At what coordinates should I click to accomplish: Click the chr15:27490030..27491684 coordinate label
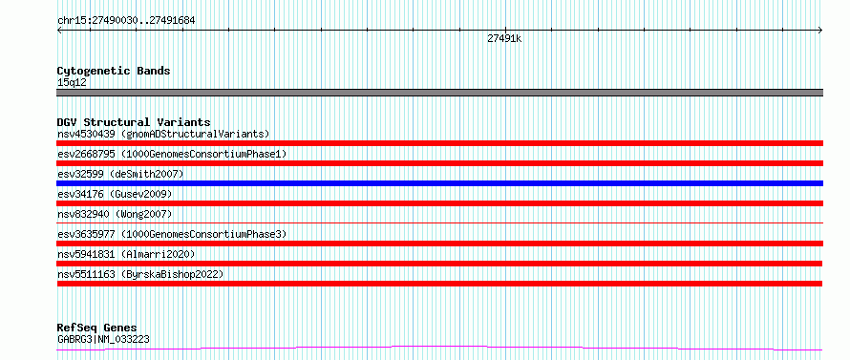coord(126,21)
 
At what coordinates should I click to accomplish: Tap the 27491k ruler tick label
coord(504,38)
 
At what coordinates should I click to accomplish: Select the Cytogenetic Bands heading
coord(114,71)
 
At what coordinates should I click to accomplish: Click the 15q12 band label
coord(72,82)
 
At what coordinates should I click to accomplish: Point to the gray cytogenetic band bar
coord(439,93)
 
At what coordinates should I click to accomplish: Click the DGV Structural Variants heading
coord(134,122)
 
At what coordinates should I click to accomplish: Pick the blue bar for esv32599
coord(439,183)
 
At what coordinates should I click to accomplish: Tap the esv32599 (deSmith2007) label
coord(120,174)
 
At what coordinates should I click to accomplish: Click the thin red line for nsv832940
coord(439,222)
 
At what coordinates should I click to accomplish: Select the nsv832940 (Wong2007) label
coord(115,214)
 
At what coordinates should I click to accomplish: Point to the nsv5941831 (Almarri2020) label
coord(126,254)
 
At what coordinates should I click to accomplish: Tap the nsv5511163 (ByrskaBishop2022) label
coord(140,274)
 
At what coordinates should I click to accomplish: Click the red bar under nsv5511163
coord(439,284)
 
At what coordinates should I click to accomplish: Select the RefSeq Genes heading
coord(96,328)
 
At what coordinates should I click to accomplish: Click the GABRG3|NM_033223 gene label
coord(103,339)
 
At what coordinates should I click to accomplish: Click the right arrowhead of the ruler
coord(821,31)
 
